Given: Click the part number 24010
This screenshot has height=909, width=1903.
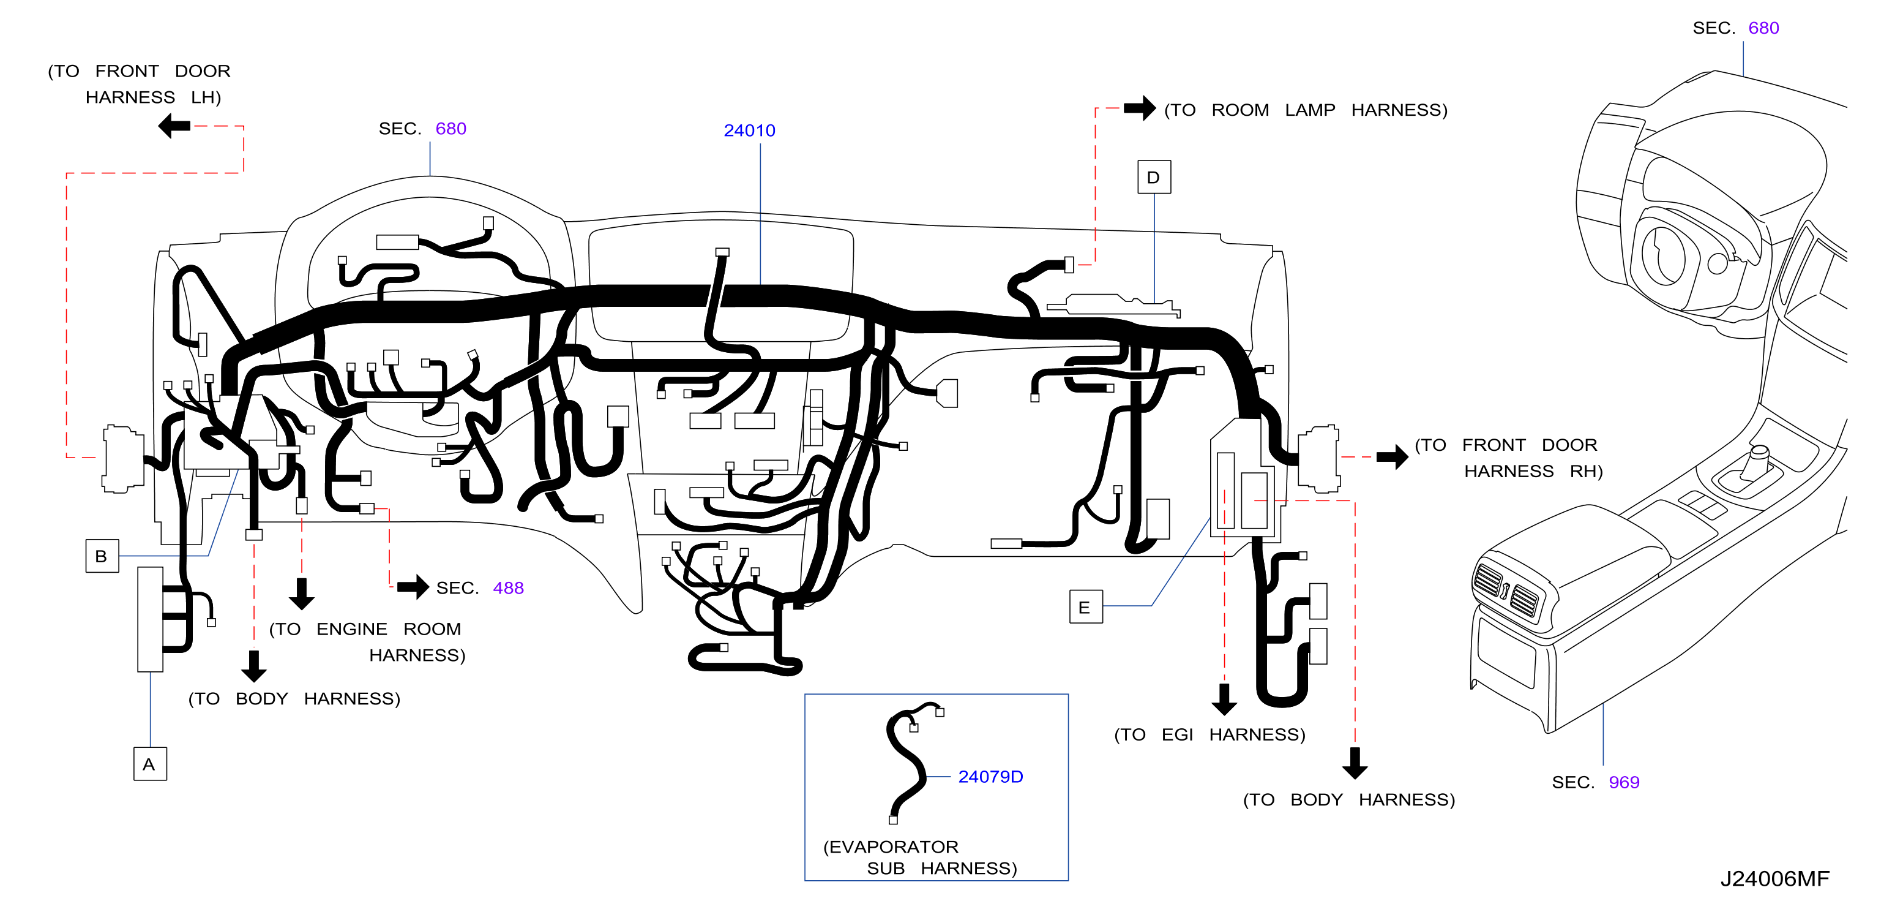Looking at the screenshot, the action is [x=749, y=131].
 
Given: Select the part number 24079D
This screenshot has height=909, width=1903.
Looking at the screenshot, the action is [x=990, y=777].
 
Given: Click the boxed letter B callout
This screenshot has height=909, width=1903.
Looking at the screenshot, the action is [x=102, y=556].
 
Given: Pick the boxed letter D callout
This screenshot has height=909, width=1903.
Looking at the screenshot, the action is [x=1154, y=178].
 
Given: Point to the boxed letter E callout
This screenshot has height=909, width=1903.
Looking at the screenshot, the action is [x=1086, y=607].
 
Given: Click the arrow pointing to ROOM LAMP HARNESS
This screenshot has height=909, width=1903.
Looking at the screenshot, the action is [x=1140, y=108].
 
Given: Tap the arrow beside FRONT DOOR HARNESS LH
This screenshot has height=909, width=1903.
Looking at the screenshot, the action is [x=174, y=126].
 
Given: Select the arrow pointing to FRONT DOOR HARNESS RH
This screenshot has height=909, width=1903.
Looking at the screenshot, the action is [x=1392, y=457].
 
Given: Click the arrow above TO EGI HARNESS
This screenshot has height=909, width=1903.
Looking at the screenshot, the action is [x=1224, y=699].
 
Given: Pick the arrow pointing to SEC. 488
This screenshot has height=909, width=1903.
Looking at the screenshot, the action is [x=413, y=587].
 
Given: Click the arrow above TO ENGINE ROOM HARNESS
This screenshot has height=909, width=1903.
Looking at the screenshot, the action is [x=301, y=594].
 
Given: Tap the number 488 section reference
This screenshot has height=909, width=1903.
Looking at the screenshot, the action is [x=508, y=588].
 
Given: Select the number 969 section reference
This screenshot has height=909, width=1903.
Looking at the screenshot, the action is [x=1624, y=783].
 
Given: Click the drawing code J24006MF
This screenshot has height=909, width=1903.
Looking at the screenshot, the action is [x=1774, y=879].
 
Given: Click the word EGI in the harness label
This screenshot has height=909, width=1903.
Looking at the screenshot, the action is [x=1177, y=734].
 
